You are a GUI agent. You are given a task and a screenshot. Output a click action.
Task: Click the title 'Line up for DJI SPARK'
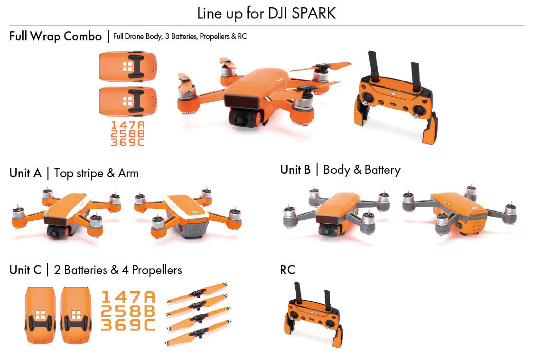coord(266,13)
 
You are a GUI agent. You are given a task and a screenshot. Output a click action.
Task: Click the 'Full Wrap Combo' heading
coord(56,37)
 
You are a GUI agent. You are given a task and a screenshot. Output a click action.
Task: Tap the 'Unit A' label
coord(26,173)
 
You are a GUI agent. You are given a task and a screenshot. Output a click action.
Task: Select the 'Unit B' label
coord(295,170)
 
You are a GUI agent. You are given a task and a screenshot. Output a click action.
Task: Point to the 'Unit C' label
coord(26,270)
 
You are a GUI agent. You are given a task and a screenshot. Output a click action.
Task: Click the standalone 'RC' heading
coord(288,270)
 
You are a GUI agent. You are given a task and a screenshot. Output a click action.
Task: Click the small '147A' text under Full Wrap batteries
coord(127,125)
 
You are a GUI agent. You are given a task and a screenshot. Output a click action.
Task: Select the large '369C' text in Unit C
coord(128,325)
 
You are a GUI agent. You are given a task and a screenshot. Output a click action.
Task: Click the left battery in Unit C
coord(40,315)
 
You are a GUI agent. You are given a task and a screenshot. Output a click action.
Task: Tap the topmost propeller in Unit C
coord(197,293)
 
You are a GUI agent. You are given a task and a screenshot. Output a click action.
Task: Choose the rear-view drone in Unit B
coord(459,209)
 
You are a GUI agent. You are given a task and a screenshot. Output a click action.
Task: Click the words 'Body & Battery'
coord(362,170)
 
